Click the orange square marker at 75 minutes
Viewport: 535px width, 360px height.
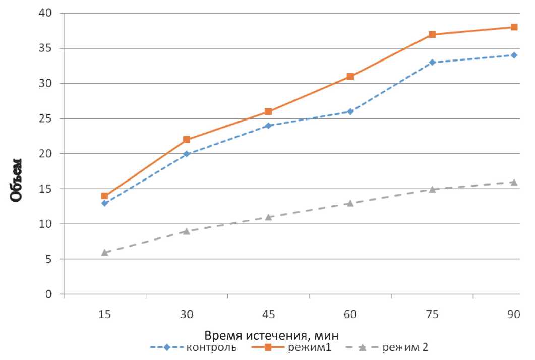(432, 34)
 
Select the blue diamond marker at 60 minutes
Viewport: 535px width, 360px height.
(350, 111)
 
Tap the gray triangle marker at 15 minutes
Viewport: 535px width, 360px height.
(104, 252)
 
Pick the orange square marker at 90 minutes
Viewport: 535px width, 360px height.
(514, 27)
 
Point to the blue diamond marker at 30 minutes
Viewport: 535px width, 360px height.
(187, 154)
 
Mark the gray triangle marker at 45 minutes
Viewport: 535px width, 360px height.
(268, 217)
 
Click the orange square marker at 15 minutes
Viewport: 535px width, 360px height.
(104, 196)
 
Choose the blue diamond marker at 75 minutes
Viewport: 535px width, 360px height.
(432, 63)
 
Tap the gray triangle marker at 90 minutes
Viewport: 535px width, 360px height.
(514, 182)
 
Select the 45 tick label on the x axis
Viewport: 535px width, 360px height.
(268, 315)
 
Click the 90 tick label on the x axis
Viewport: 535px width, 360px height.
(514, 315)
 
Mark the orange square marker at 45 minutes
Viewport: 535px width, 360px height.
(268, 111)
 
